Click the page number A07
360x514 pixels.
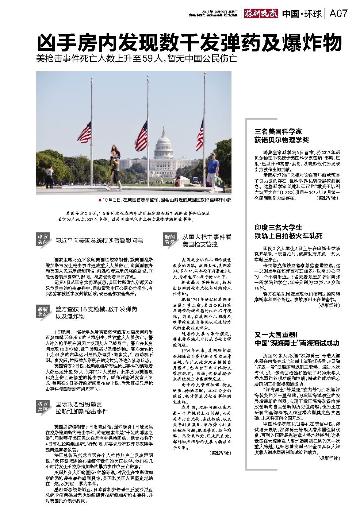pos(338,14)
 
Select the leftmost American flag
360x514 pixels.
pos(85,132)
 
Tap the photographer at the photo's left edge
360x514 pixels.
pos(49,177)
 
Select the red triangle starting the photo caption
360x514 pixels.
pos(100,200)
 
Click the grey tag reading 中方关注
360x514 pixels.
pos(43,239)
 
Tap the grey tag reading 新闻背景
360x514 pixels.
pos(169,239)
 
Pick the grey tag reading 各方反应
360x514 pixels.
pos(43,406)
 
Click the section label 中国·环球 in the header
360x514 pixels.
pos(302,14)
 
